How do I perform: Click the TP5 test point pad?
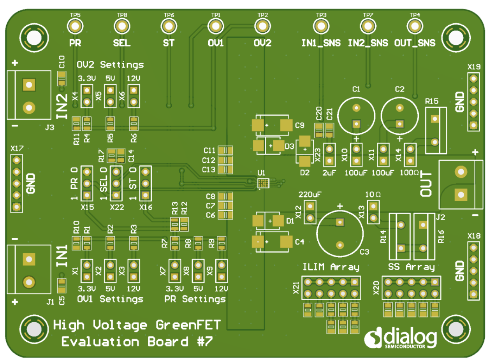coord(75,26)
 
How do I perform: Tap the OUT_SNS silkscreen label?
coord(415,42)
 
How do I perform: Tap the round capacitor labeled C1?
coord(356,115)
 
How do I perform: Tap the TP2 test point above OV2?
coord(262,26)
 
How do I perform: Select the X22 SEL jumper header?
coord(115,183)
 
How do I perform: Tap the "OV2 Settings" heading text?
coord(110,65)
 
